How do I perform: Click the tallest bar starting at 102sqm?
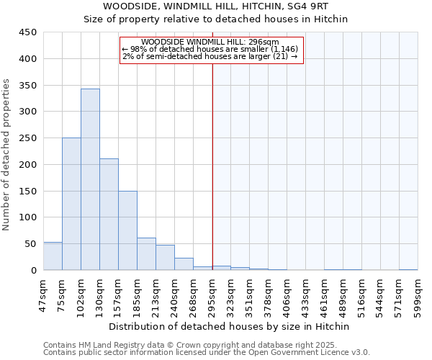coord(90,179)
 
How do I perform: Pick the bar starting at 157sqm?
coord(127,230)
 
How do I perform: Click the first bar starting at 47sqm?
coord(53,256)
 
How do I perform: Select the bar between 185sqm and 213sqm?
coord(146,254)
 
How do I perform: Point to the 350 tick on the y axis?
coord(27,86)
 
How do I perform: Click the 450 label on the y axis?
coord(27,32)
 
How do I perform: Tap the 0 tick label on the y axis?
coord(33,271)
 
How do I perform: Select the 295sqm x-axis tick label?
coord(212,294)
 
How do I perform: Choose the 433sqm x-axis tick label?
coord(306,294)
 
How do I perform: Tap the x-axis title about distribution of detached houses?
coord(230,326)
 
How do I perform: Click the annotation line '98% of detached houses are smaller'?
coord(210,49)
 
